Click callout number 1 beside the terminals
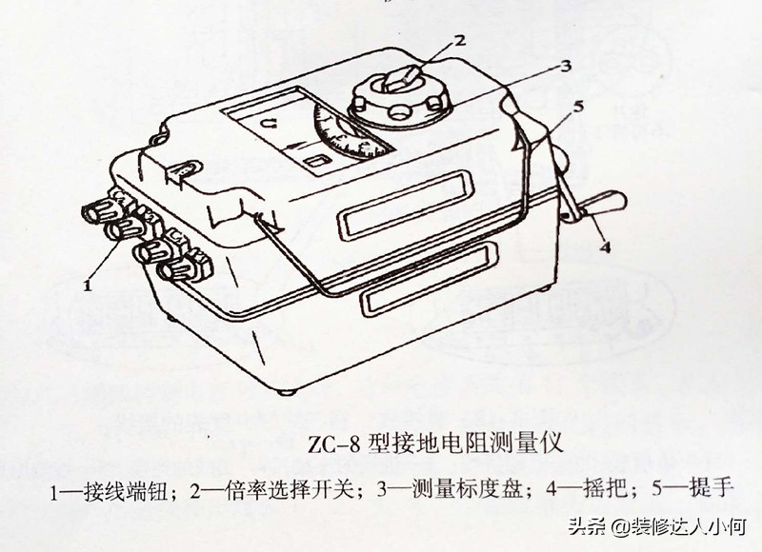tap(88, 285)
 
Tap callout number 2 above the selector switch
tap(459, 39)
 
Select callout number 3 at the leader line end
tap(565, 66)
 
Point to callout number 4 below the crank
tap(605, 247)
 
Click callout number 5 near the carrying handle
tap(578, 107)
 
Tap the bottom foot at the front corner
tap(287, 392)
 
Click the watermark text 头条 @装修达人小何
tap(657, 525)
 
